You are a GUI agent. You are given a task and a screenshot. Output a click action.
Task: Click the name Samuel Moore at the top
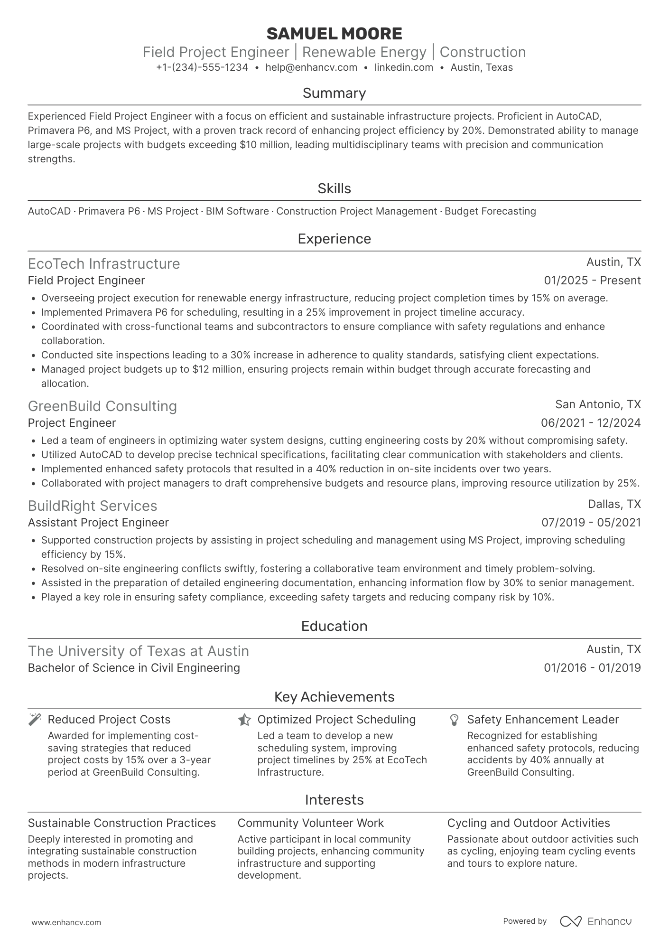coord(334,34)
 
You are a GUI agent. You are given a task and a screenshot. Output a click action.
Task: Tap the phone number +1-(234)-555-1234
coord(202,67)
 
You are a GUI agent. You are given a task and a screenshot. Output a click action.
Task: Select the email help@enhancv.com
coord(311,67)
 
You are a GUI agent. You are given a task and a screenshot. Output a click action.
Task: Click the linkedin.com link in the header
coord(404,67)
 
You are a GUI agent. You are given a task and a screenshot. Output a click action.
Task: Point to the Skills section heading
coord(334,188)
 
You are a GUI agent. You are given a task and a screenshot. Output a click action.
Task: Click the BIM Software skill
coord(237,211)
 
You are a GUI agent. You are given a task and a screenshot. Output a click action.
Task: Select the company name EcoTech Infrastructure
coord(104,263)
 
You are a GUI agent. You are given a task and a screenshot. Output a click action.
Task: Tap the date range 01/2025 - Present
coord(592,281)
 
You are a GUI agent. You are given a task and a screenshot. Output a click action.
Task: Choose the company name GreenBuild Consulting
coord(102,406)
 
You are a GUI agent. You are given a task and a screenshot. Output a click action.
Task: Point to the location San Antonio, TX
coord(598,404)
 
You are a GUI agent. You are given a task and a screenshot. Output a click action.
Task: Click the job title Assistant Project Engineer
coord(98,523)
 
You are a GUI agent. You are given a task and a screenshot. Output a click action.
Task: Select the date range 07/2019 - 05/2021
coord(591,523)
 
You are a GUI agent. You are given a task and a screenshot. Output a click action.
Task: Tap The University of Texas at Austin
coord(139,651)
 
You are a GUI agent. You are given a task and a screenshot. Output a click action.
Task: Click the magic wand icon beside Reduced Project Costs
coord(35,720)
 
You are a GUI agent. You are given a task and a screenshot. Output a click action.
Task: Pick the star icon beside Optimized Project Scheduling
coord(244,720)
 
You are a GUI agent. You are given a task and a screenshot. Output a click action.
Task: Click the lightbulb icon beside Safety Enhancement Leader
coord(454,720)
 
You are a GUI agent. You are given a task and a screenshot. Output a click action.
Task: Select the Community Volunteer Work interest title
coord(310,823)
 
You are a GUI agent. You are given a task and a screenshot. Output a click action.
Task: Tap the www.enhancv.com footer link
coord(66,922)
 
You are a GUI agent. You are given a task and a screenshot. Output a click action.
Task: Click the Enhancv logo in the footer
coord(596,921)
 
